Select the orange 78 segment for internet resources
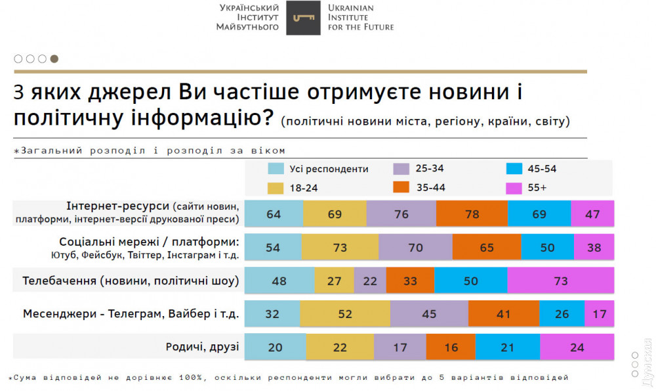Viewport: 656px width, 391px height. (472, 214)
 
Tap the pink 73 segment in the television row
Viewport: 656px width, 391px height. (561, 281)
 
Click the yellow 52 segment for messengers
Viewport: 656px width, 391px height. (345, 314)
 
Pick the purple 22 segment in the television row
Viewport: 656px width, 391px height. (370, 281)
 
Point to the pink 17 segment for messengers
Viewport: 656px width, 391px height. (599, 314)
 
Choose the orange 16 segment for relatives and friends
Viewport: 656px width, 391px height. (451, 348)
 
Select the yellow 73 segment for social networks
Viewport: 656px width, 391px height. (340, 248)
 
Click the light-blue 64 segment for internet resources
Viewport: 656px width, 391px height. (274, 214)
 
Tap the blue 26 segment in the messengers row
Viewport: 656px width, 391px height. (562, 314)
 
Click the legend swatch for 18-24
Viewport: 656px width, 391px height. (276, 187)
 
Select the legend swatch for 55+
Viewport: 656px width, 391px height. (514, 187)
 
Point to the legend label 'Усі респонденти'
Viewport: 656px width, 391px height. (329, 169)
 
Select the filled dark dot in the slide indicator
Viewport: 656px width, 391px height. (54, 58)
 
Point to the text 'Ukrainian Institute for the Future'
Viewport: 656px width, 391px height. (360, 17)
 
